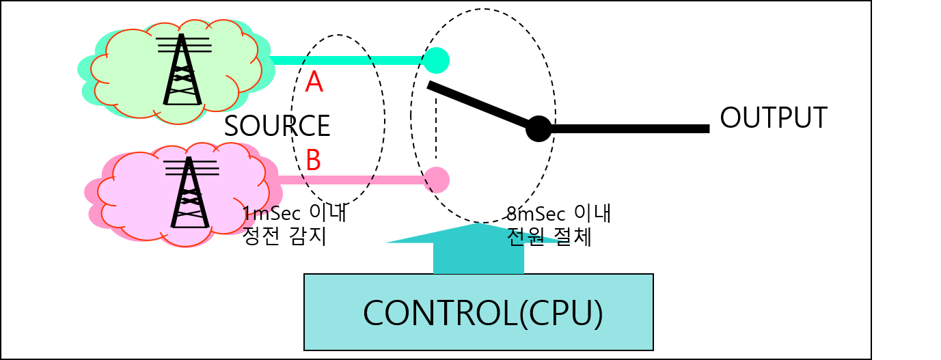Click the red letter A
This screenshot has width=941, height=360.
tap(314, 83)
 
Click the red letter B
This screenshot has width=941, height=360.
tap(313, 161)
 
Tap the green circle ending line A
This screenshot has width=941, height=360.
tap(436, 60)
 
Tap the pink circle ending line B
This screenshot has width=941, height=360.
tap(436, 180)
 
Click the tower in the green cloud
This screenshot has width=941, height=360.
tap(182, 72)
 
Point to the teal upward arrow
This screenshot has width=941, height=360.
tap(478, 246)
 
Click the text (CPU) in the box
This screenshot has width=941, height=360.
tap(561, 314)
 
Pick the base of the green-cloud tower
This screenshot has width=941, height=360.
tap(182, 101)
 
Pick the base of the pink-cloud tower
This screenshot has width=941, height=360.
tap(189, 224)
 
